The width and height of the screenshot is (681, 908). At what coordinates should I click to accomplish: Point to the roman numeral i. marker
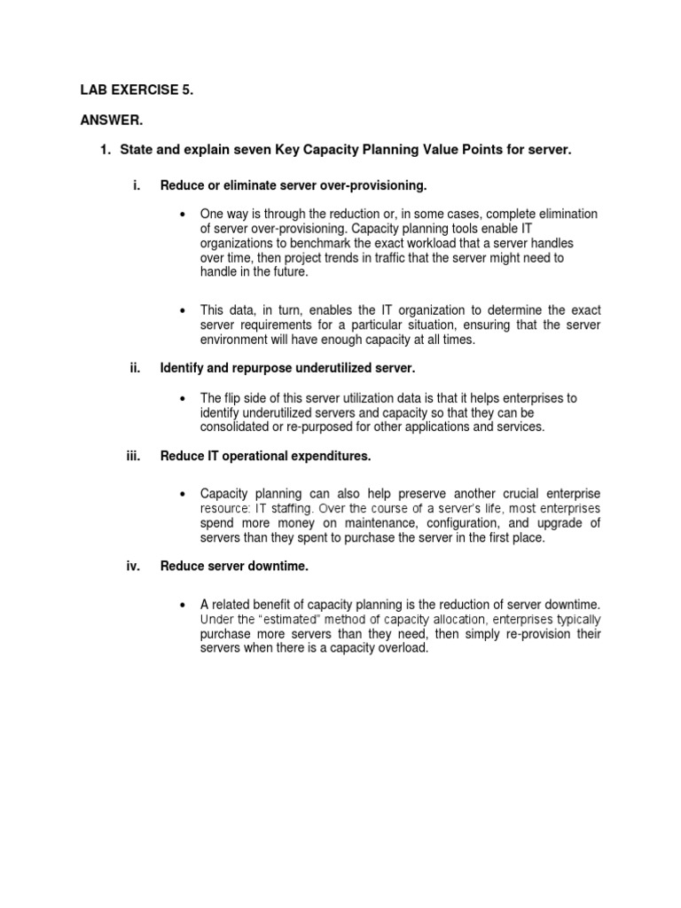pos(137,185)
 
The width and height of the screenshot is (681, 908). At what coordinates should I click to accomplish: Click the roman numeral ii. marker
pos(136,367)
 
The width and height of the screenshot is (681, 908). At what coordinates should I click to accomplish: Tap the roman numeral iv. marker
pos(135,566)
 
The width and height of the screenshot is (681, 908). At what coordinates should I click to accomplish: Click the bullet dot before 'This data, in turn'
pos(181,311)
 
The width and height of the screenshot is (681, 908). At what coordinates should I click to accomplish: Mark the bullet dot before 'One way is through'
pos(181,215)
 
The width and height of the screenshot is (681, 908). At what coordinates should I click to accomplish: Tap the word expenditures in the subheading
pos(328,457)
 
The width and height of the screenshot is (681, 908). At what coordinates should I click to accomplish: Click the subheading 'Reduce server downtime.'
pos(234,566)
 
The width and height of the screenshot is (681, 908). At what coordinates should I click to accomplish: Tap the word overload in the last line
pos(404,647)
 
